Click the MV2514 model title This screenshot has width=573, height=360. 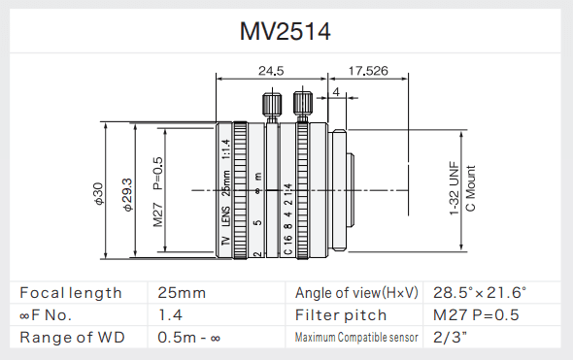(285, 31)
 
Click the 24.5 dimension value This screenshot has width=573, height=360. (271, 71)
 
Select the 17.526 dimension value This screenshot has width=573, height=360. (368, 71)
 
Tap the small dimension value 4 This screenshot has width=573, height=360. (336, 91)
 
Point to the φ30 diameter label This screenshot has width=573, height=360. (99, 194)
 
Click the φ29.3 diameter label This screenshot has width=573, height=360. (128, 195)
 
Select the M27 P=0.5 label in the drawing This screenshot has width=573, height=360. (158, 192)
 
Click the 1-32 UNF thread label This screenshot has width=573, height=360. (454, 188)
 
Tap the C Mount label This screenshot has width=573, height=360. (471, 188)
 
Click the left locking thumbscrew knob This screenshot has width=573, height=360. (272, 103)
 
